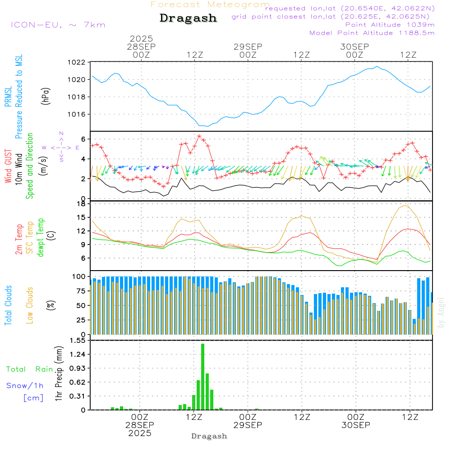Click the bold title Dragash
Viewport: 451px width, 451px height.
pyautogui.click(x=188, y=18)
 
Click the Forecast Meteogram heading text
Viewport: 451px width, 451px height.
pyautogui.click(x=210, y=5)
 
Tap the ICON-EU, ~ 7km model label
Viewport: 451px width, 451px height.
pyautogui.click(x=58, y=25)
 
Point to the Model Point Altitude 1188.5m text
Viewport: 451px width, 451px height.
pyautogui.click(x=372, y=33)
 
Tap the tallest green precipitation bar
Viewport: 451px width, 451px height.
pyautogui.click(x=203, y=377)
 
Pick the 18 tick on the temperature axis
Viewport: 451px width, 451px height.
pyautogui.click(x=82, y=204)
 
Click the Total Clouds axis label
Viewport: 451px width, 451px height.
pyautogui.click(x=9, y=305)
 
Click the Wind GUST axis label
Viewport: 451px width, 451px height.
pyautogui.click(x=9, y=166)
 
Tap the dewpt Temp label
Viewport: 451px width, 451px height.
pyautogui.click(x=41, y=238)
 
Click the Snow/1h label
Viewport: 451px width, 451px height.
pyautogui.click(x=25, y=386)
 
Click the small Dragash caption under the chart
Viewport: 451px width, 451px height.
pyautogui.click(x=209, y=436)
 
